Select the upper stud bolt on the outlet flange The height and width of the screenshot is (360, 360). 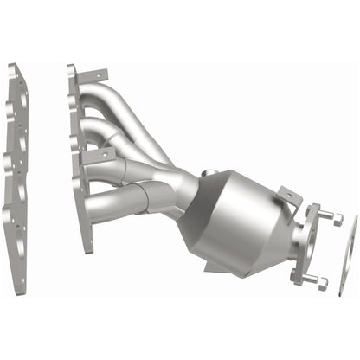tap(327, 216)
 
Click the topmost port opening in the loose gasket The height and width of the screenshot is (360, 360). tap(19, 95)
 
